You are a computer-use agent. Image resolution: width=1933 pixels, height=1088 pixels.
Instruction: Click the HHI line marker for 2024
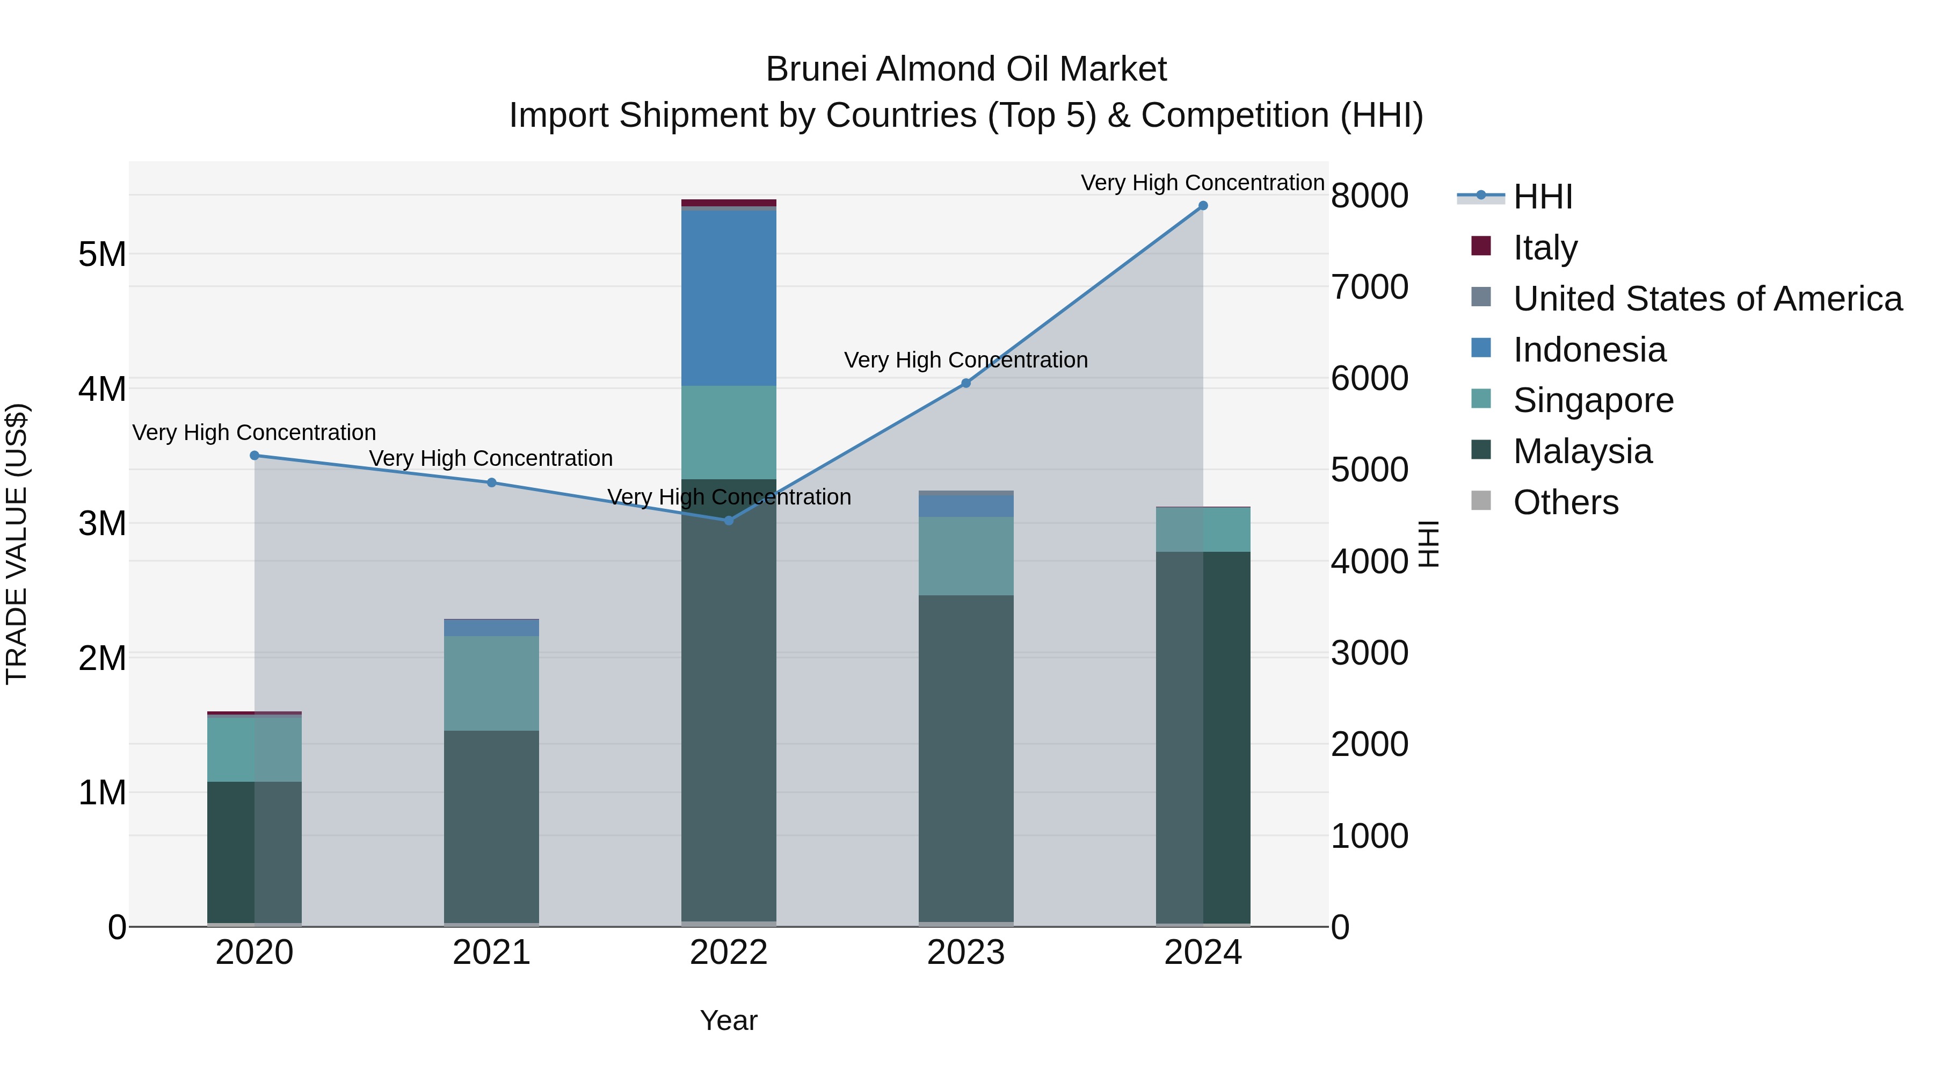click(1203, 206)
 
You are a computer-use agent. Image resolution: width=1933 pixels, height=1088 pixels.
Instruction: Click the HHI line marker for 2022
click(729, 520)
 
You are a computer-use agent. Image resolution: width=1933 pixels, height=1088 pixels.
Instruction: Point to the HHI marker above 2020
click(255, 456)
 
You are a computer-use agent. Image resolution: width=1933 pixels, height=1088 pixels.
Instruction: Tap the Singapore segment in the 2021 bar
click(491, 683)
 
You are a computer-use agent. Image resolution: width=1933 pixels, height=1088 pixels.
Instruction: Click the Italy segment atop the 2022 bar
click(729, 203)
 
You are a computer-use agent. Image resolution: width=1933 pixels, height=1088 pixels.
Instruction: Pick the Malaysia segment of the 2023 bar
click(966, 758)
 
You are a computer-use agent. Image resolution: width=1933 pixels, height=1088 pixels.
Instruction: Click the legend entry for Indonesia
click(1589, 350)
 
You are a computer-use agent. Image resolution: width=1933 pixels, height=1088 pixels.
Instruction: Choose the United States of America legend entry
click(1707, 299)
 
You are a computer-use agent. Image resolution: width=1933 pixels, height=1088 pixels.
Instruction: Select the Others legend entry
click(1565, 502)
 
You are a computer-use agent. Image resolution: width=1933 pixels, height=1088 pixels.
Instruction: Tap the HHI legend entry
click(1542, 197)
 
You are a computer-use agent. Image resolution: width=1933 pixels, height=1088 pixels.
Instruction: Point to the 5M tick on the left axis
click(103, 255)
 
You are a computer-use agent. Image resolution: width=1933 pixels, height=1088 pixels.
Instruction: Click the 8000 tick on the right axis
click(1369, 196)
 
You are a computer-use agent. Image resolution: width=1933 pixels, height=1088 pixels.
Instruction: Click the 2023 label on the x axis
click(966, 953)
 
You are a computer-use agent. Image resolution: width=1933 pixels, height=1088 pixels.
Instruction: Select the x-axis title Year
click(729, 1020)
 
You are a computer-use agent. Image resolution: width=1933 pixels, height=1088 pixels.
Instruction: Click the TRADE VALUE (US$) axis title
click(17, 544)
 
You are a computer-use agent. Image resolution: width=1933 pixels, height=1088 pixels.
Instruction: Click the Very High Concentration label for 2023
click(966, 361)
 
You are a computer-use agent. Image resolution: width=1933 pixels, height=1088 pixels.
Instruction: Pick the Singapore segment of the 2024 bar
click(1203, 530)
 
